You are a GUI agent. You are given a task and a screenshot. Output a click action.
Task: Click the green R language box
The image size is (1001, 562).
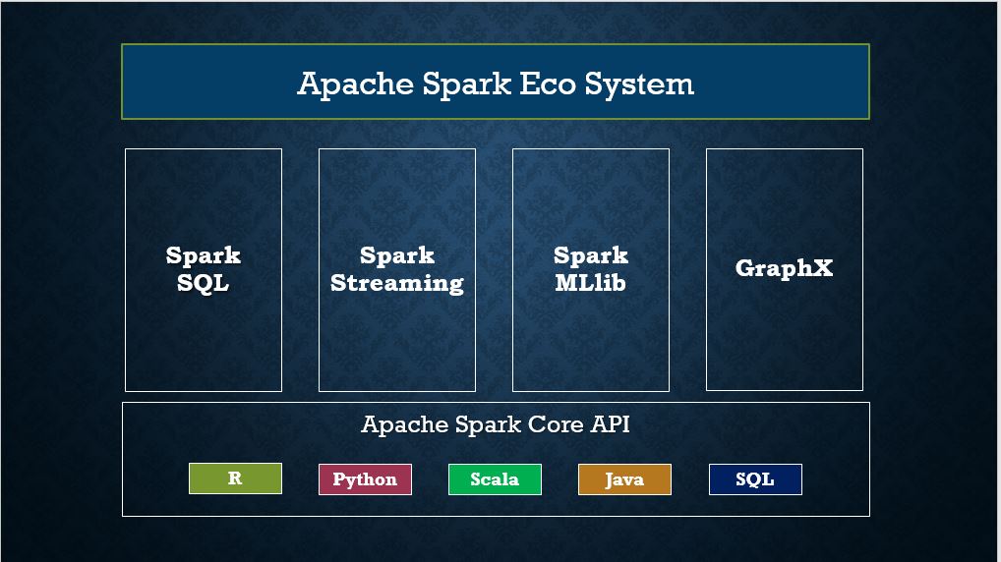pos(235,478)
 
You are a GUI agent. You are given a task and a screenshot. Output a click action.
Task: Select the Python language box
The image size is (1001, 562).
pos(365,479)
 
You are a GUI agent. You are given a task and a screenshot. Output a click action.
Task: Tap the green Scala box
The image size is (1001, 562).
pos(495,479)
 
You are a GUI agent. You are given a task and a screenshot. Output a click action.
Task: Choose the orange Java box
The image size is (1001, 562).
pos(624,479)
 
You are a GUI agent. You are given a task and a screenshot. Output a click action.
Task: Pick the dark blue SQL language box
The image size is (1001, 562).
pos(755,479)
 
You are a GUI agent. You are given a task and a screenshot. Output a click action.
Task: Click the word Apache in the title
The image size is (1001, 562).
pos(356,84)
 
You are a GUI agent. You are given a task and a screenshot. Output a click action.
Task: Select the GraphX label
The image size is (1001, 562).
pos(784,268)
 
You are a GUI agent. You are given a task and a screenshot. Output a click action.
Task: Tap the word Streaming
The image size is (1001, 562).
pos(397,283)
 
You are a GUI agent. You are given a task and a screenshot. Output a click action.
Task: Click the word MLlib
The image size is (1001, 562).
pos(590,283)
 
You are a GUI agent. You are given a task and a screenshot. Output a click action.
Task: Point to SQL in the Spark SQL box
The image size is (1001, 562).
pos(204,283)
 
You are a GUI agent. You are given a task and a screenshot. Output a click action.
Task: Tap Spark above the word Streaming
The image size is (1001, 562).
pos(397,256)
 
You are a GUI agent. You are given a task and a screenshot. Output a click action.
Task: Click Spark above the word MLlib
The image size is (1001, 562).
pos(590,256)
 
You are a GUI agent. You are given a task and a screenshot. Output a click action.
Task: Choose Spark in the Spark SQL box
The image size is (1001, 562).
pos(204,256)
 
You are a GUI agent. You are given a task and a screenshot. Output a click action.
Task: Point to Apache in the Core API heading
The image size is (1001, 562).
pos(404,425)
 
